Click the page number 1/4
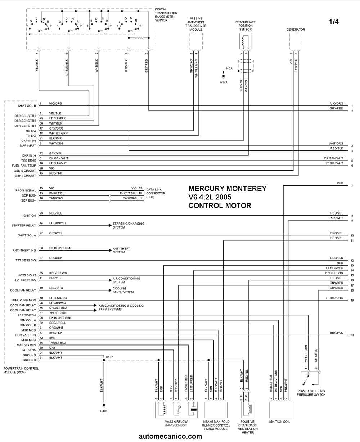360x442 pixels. click(334, 21)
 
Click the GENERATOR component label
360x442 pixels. click(296, 30)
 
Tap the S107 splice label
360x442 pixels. click(109, 357)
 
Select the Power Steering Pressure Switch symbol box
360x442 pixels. click(311, 380)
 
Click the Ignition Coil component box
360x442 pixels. click(280, 410)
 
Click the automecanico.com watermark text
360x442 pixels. click(170, 436)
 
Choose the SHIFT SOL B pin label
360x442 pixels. click(27, 106)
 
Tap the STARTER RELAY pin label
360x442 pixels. click(24, 226)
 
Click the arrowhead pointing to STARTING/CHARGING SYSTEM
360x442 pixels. click(110, 226)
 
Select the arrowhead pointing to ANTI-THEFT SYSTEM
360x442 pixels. click(110, 251)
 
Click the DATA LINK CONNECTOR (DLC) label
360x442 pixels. click(156, 193)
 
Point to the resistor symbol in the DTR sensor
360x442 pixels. click(138, 38)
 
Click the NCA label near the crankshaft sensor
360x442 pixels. click(229, 68)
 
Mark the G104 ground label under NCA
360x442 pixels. click(224, 82)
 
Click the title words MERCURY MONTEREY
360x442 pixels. click(228, 188)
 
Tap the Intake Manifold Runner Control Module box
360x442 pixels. click(216, 410)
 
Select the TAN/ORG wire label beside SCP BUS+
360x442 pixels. click(56, 198)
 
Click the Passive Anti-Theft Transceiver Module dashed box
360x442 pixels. click(196, 41)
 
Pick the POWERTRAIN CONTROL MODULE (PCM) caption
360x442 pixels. click(21, 370)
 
